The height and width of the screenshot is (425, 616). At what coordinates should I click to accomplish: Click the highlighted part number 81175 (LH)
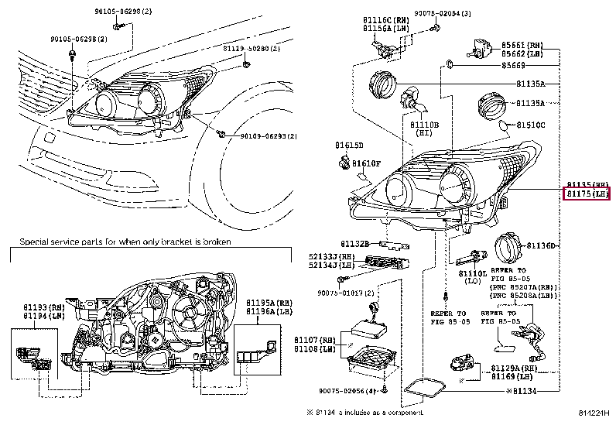point(587,193)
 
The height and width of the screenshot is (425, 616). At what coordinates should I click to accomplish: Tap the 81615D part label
point(349,145)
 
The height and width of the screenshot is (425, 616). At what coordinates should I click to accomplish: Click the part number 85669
point(512,67)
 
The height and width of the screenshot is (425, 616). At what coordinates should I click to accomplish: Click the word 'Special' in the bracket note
point(36,242)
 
